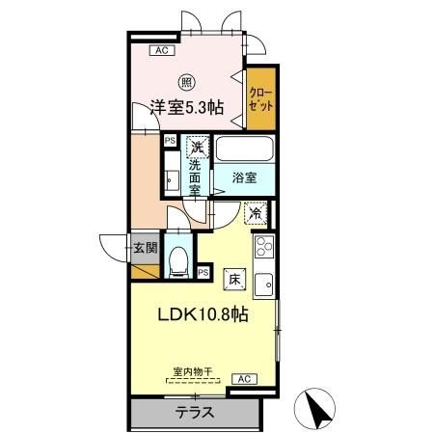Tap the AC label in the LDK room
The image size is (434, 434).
pyautogui.click(x=245, y=379)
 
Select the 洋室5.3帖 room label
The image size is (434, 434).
pyautogui.click(x=187, y=108)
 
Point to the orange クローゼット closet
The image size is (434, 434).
pyautogui.click(x=258, y=100)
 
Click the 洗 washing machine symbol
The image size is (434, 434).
pyautogui.click(x=197, y=148)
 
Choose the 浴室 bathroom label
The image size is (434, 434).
pyautogui.click(x=244, y=177)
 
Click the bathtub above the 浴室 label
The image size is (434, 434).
pyautogui.click(x=245, y=149)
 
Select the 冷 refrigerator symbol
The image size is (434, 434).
pyautogui.click(x=257, y=214)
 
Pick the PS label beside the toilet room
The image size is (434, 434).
pyautogui.click(x=203, y=272)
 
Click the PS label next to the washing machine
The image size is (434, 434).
pyautogui.click(x=170, y=140)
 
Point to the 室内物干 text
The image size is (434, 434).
pyautogui.click(x=192, y=370)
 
